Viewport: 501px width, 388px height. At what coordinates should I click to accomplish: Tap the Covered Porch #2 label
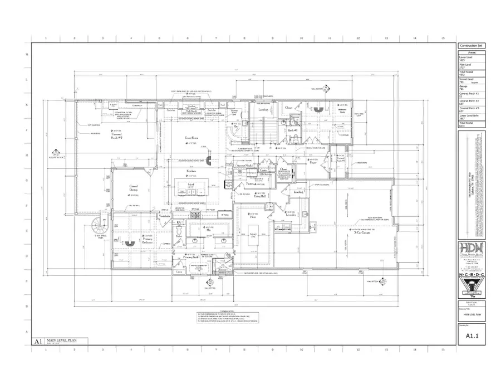pyautogui.click(x=117, y=135)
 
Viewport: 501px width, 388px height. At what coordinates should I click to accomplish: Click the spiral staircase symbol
pyautogui.click(x=100, y=228)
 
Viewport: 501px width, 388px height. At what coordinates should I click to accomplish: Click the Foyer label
pyautogui.click(x=313, y=163)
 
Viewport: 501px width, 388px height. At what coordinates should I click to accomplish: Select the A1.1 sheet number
pyautogui.click(x=471, y=336)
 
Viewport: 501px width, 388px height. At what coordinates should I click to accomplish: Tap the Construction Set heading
pyautogui.click(x=471, y=46)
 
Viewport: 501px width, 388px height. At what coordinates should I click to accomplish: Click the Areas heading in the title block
pyautogui.click(x=471, y=53)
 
